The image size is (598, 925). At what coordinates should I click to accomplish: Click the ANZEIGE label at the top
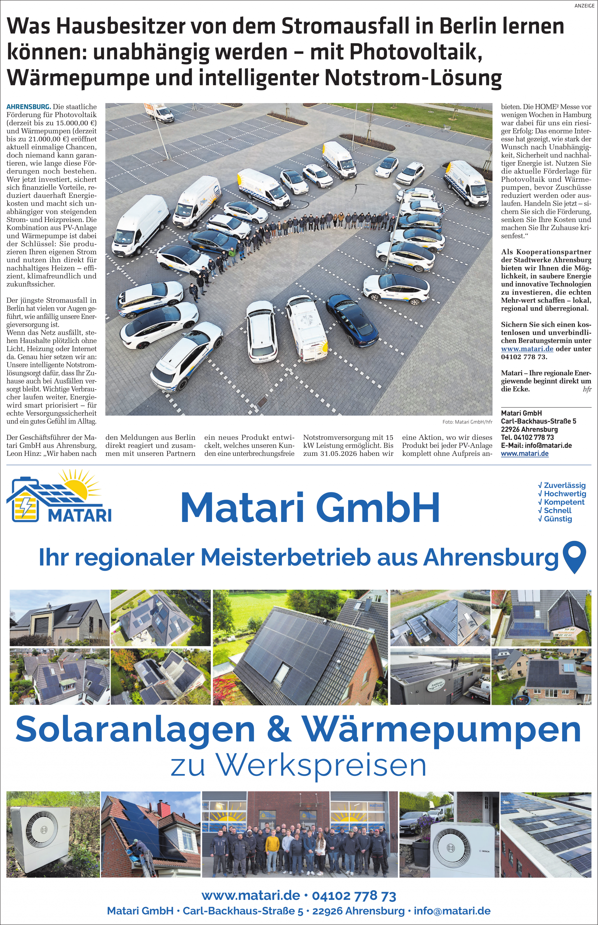click(584, 6)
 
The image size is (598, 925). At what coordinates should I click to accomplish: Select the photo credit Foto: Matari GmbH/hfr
click(467, 422)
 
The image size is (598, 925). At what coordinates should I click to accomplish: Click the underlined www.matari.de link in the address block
click(524, 454)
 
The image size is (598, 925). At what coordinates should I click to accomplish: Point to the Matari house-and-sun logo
click(59, 496)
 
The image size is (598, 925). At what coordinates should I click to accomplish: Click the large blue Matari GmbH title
click(310, 508)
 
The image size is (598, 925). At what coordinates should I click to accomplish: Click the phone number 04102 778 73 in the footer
click(354, 896)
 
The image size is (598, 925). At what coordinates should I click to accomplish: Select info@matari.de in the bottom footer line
click(452, 911)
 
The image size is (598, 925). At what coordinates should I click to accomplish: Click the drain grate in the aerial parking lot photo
click(262, 402)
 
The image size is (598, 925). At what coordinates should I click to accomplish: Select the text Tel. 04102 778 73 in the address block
click(527, 437)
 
